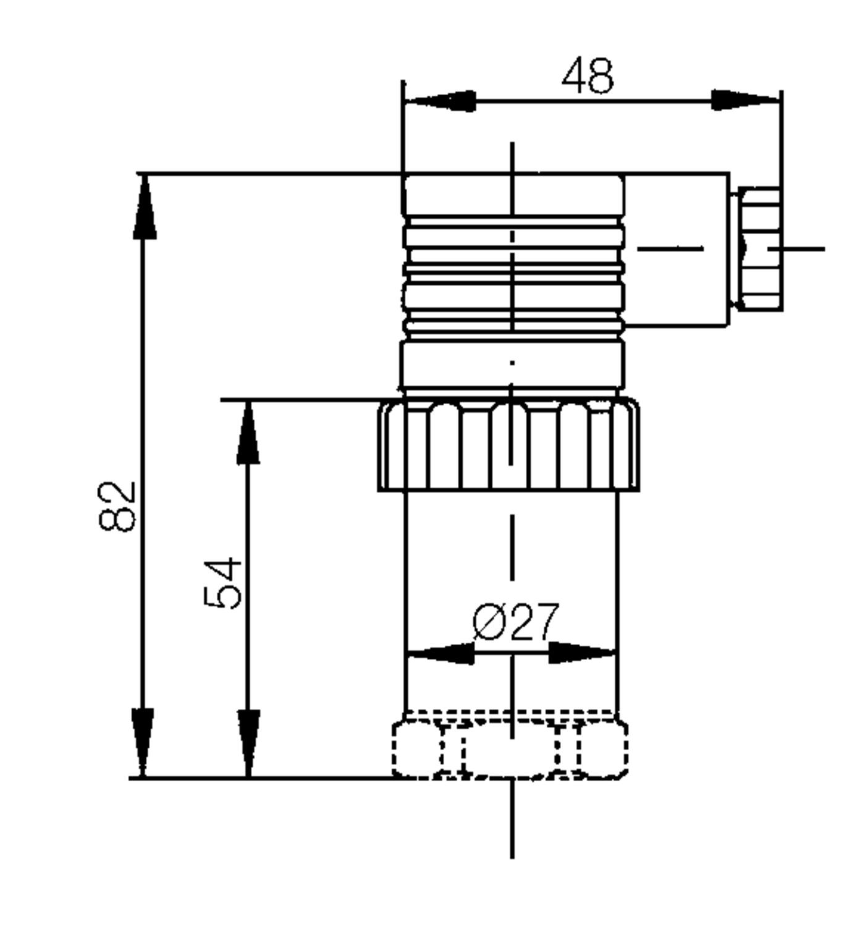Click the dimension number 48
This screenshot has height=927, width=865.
(588, 76)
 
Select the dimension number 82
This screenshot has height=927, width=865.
(117, 506)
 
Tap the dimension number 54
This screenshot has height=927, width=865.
(222, 583)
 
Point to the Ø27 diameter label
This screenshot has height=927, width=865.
(516, 622)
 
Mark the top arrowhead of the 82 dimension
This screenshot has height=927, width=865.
(145, 208)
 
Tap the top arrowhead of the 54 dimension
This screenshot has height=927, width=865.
(248, 433)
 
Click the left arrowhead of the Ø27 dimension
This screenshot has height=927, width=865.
(440, 653)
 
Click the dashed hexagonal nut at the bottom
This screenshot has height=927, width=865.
(510, 748)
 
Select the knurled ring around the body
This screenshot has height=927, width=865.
(508, 445)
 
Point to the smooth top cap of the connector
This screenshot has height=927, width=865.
(513, 195)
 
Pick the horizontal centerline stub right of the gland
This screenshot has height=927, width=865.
(803, 248)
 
